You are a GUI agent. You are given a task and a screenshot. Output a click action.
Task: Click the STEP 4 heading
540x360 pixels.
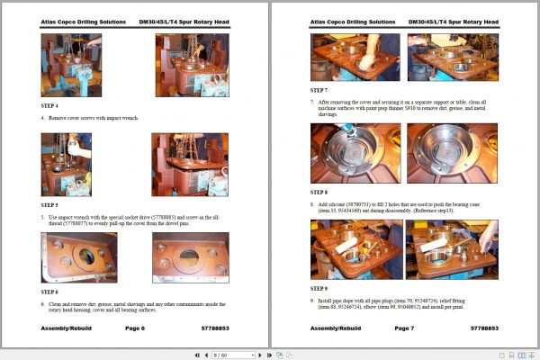(49, 105)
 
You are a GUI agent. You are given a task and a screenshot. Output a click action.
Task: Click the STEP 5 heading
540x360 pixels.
(49, 204)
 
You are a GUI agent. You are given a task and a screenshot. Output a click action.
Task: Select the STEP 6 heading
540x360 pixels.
(49, 291)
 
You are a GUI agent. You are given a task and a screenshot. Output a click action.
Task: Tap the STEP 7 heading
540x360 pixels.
(319, 91)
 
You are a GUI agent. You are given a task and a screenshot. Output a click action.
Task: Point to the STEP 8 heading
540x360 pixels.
(319, 192)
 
